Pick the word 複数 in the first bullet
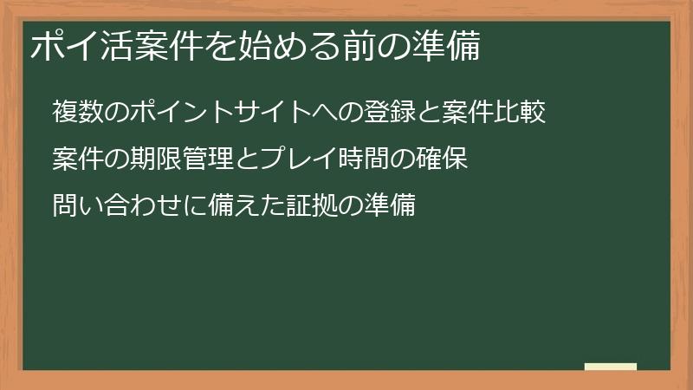point(77,112)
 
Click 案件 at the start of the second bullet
point(77,159)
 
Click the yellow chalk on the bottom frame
point(611,367)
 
